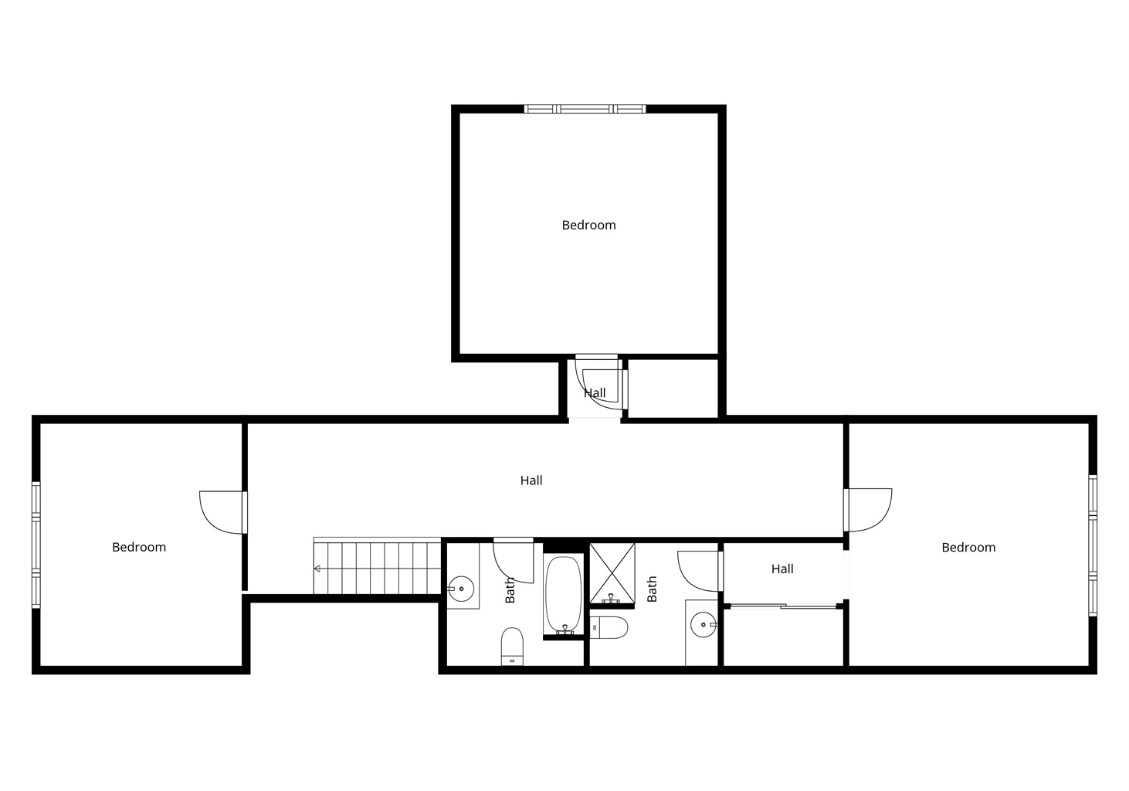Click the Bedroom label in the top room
pos(588,226)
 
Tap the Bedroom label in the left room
pos(138,548)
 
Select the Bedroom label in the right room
pos(968,548)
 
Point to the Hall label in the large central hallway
pos(531,480)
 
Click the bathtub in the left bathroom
pos(563,595)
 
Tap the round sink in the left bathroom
pos(461,589)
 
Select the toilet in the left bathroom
pos(512,647)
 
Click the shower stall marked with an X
pos(612,573)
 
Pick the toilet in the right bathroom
pos(609,628)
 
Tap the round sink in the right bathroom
pos(703,625)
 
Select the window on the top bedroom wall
pos(585,108)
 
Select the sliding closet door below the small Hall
pos(783,606)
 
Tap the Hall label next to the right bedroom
pos(782,569)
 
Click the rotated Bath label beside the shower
pos(652,589)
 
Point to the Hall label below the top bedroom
pos(595,392)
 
